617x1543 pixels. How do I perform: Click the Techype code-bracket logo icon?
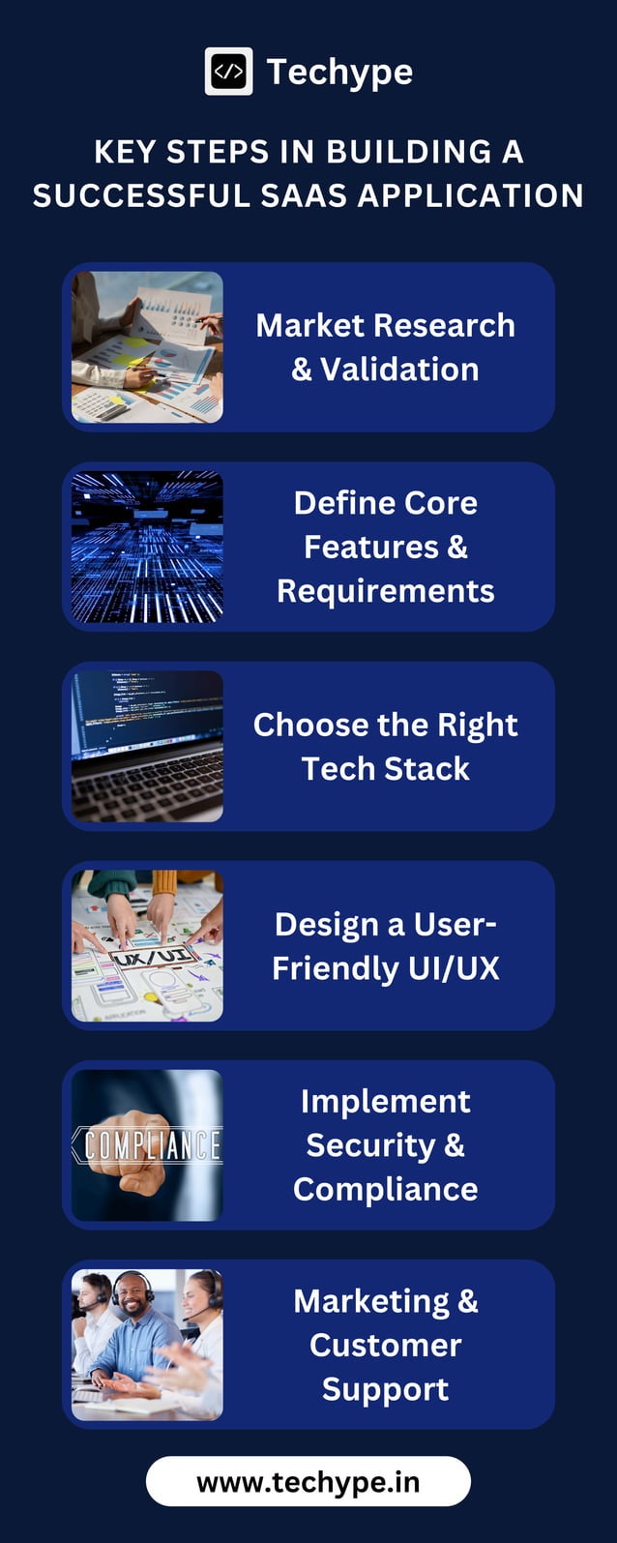[228, 72]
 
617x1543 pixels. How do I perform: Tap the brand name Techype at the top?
[339, 72]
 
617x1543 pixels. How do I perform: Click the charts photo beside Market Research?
[147, 347]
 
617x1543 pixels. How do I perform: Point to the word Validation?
[399, 370]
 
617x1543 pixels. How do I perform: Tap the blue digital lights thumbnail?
[147, 547]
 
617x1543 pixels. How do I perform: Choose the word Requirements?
[385, 591]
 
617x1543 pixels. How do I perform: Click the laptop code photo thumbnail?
[147, 746]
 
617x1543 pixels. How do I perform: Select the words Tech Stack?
[385, 769]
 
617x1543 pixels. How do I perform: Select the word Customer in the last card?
[385, 1346]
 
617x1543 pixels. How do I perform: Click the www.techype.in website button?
[308, 1482]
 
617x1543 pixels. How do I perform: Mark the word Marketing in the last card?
[371, 1301]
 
